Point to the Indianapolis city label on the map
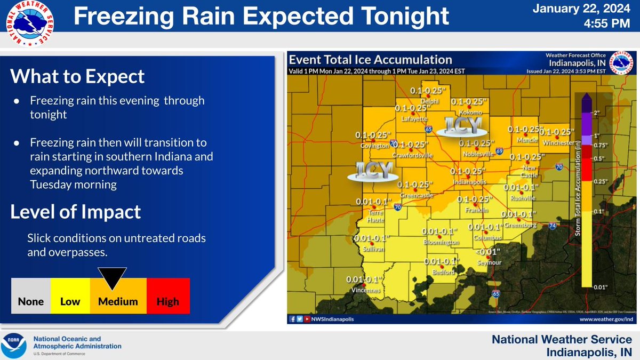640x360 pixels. pos(468,182)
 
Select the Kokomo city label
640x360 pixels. pos(469,113)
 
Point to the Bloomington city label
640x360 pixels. pos(440,242)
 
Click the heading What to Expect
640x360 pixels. pos(78,76)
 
